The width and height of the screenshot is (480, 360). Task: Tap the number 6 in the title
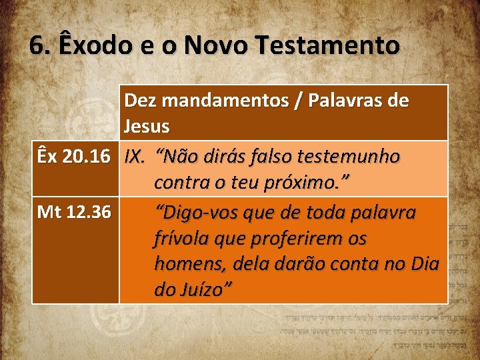(37, 45)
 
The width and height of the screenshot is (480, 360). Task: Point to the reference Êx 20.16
(73, 157)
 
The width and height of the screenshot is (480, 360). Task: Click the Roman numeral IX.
(135, 157)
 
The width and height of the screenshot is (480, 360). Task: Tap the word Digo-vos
(193, 213)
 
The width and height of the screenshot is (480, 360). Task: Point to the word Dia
(425, 264)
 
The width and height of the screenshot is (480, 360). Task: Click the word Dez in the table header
(138, 101)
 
